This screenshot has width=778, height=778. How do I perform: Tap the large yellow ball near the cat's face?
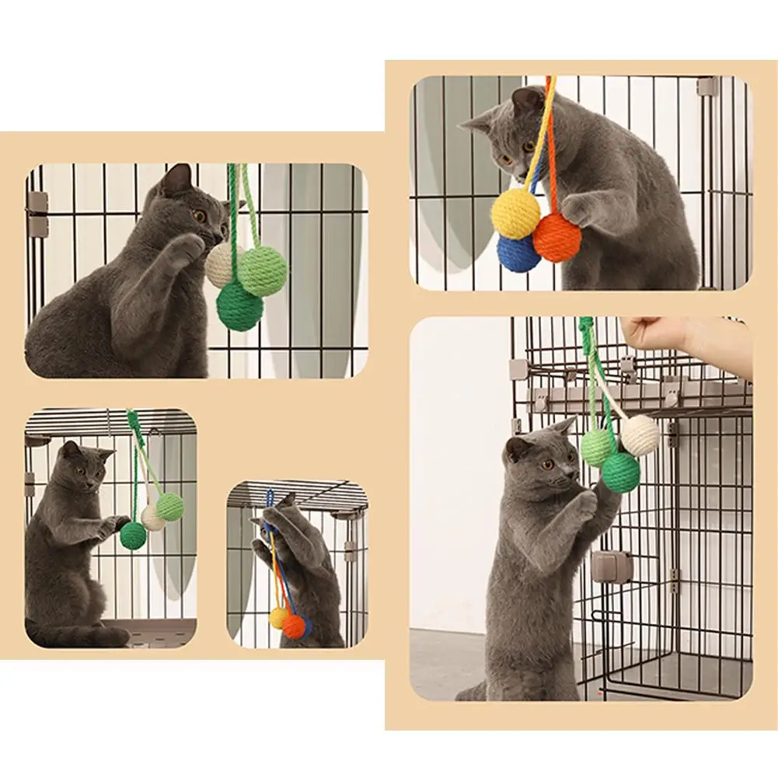coord(515,213)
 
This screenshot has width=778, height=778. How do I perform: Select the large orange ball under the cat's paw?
coord(557,238)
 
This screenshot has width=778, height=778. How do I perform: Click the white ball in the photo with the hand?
coord(640,434)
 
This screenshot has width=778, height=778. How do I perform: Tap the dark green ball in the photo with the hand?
coord(620,472)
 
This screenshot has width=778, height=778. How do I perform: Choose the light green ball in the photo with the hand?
coord(598,448)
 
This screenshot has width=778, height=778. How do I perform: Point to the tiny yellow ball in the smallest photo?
coord(278,618)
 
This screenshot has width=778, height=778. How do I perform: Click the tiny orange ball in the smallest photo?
coord(294,626)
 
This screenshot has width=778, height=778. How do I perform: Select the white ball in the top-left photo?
coord(222,265)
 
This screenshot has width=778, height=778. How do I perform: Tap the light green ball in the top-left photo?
coord(263,270)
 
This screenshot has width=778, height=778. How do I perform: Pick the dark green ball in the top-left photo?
coord(239,306)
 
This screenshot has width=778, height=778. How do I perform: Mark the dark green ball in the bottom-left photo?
coord(133,536)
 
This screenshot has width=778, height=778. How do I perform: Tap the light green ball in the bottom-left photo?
coord(169,507)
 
